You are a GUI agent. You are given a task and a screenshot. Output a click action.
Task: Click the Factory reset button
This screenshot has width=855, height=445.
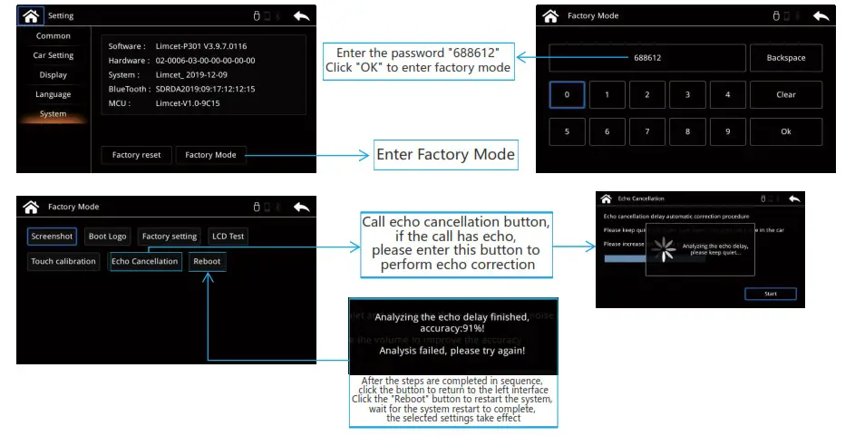[x=136, y=155]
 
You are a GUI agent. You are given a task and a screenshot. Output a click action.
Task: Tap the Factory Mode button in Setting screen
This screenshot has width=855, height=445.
[x=210, y=155]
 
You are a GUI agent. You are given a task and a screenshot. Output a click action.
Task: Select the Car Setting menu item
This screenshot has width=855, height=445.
[x=53, y=55]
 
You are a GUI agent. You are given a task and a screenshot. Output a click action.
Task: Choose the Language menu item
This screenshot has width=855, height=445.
[x=53, y=94]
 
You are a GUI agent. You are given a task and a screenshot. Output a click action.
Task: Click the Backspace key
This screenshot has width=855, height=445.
[x=785, y=58]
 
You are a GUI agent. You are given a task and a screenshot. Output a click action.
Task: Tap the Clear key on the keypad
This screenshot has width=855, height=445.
[x=785, y=94]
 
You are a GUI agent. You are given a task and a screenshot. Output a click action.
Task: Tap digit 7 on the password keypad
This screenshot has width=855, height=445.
[x=647, y=131]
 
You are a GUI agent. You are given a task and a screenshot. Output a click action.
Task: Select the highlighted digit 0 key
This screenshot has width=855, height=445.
[x=567, y=94]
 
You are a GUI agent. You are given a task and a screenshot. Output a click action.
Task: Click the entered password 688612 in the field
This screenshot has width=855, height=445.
[x=647, y=58]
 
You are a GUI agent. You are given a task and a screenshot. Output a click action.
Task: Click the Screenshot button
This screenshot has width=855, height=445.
[x=52, y=237]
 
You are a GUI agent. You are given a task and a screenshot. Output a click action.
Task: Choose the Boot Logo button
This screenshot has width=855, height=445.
[x=107, y=237]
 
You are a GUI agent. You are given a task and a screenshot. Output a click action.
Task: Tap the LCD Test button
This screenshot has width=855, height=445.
[x=228, y=237]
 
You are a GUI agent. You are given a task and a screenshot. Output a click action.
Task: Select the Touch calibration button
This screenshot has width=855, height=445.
[x=63, y=261]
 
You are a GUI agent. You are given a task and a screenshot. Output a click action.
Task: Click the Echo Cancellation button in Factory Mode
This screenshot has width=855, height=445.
[x=144, y=261]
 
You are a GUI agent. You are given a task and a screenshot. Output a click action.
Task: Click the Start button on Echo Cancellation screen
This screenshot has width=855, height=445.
[x=770, y=294]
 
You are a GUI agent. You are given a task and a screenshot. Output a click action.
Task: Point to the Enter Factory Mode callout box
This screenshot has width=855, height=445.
[x=445, y=155]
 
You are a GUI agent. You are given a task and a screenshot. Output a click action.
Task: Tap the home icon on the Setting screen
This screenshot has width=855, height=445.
[x=31, y=15]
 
